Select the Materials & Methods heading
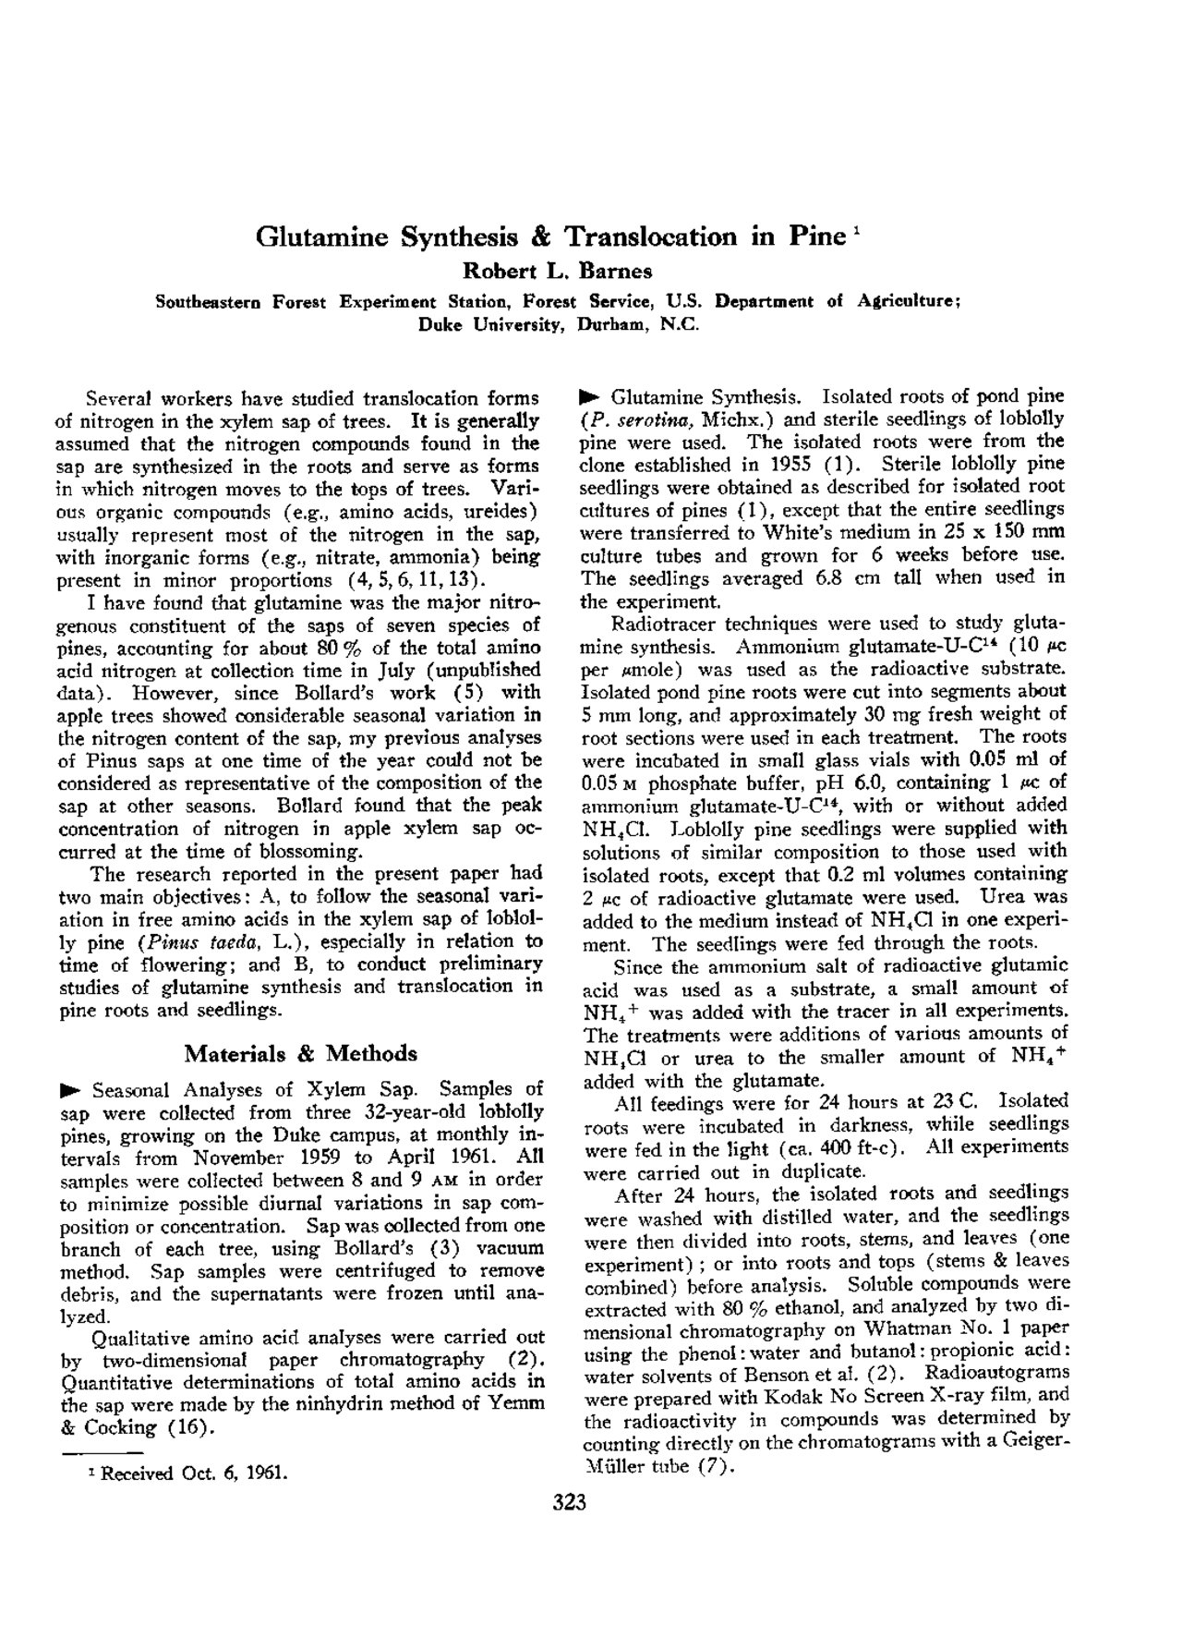click(x=300, y=1053)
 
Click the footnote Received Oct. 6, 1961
click(x=194, y=1474)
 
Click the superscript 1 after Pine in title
click(x=858, y=228)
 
